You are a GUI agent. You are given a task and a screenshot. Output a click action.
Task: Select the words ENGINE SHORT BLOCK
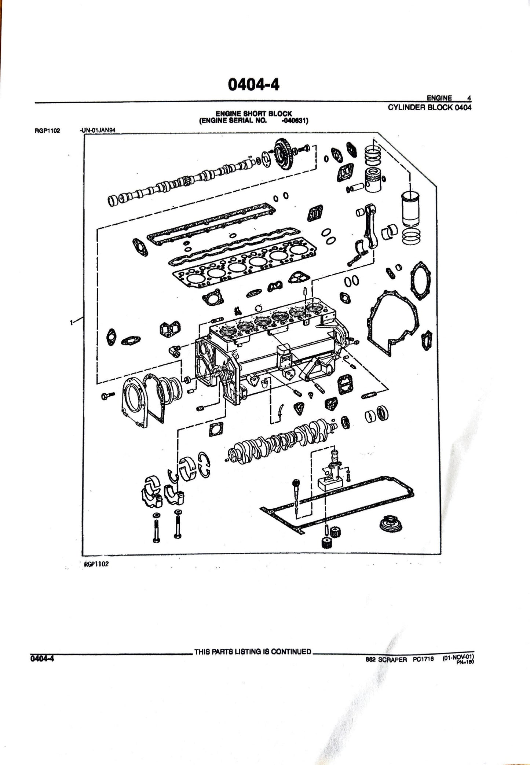[x=253, y=114]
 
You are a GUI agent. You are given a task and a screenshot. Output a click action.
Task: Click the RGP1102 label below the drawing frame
[x=96, y=564]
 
